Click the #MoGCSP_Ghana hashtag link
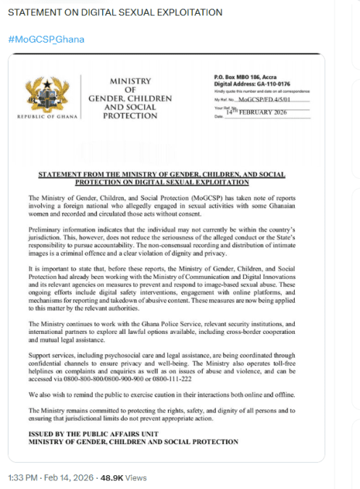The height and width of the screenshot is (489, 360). [46, 38]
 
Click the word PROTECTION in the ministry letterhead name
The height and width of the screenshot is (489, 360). [130, 115]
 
